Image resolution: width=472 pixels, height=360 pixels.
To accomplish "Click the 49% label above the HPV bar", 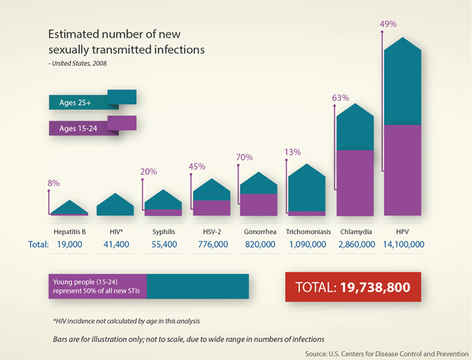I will (388, 24).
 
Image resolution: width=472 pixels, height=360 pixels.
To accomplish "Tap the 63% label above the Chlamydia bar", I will (340, 98).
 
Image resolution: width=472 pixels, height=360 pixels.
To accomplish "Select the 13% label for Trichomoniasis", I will (293, 151).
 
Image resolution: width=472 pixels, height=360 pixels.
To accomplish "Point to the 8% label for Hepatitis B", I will (53, 183).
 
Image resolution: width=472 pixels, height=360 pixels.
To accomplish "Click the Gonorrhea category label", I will (258, 232).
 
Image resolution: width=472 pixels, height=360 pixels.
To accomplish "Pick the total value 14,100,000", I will (402, 245).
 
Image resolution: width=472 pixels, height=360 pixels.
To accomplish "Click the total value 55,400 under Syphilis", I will (164, 245).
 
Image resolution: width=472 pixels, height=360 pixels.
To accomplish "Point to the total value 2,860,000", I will (356, 245).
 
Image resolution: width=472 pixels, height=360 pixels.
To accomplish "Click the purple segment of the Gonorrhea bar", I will (258, 204).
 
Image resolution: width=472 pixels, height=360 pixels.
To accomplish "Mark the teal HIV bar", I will (116, 207).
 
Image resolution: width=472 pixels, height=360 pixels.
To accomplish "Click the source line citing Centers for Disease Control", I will (385, 353).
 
